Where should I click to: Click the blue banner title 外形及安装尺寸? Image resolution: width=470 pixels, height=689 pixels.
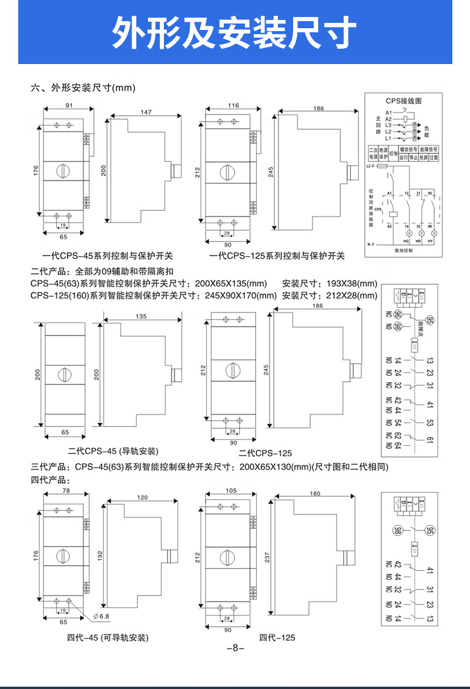pyautogui.click(x=234, y=32)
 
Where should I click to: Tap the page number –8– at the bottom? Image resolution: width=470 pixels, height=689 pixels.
pyautogui.click(x=235, y=648)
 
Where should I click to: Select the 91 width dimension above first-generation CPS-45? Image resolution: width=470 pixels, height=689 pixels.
pyautogui.click(x=68, y=106)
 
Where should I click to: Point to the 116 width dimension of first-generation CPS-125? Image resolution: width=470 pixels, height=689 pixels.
pyautogui.click(x=233, y=106)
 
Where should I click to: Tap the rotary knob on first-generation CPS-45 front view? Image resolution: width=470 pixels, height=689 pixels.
pyautogui.click(x=63, y=170)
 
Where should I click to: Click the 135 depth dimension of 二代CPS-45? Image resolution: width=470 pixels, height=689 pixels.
pyautogui.click(x=141, y=317)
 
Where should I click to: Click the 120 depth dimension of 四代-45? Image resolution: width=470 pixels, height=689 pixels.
pyautogui.click(x=142, y=497)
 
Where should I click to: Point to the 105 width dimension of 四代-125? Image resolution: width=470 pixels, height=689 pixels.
pyautogui.click(x=231, y=490)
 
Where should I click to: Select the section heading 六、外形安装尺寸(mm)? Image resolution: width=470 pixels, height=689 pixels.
pyautogui.click(x=83, y=88)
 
